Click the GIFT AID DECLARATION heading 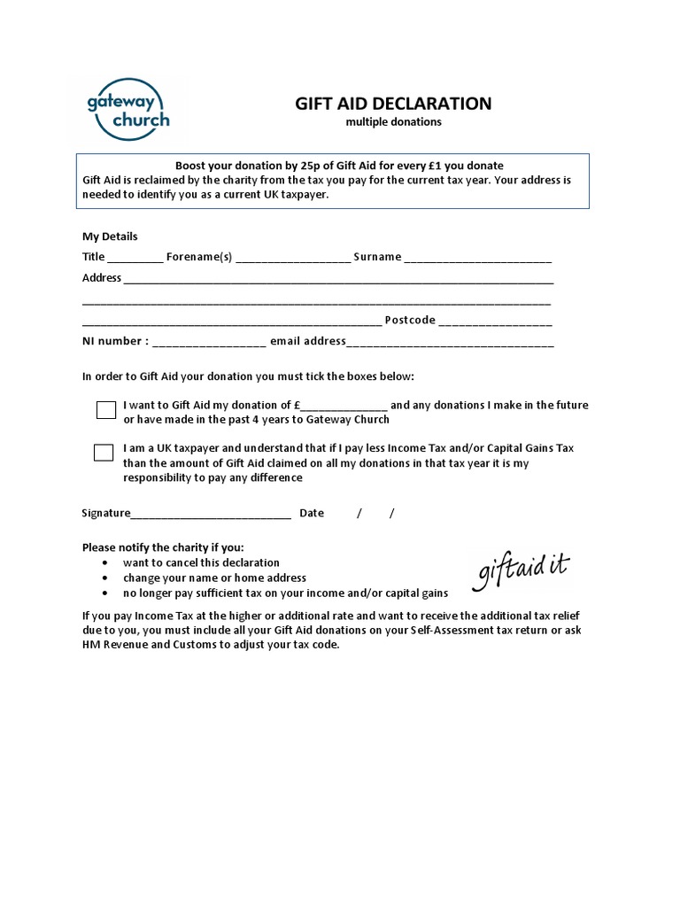392,104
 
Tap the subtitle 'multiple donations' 392,122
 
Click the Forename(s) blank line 293,259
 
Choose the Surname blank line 478,259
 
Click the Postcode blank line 496,322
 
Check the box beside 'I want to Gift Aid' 106,409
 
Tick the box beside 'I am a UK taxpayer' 104,453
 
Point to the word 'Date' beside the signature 312,513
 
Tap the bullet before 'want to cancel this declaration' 106,563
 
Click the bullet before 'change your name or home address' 106,578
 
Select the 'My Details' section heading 110,236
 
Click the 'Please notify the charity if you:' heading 163,547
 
